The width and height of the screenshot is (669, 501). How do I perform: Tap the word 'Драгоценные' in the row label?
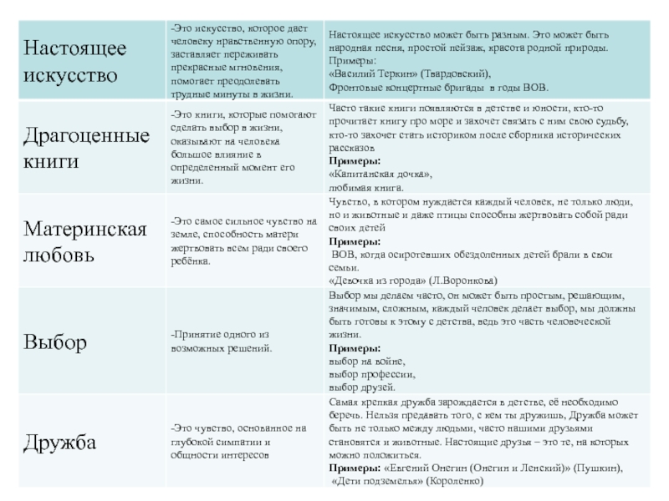click(86, 135)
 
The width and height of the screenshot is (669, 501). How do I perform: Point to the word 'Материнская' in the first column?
click(84, 228)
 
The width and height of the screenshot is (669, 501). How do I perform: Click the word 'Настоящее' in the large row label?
click(74, 48)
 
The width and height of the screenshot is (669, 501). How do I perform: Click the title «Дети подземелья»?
click(377, 482)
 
